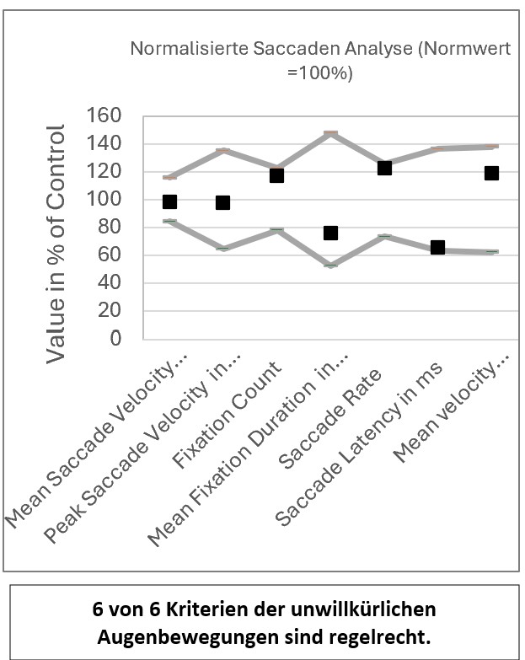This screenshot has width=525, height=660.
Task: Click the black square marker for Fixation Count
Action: tap(276, 175)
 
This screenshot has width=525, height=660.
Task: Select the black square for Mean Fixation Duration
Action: tap(330, 233)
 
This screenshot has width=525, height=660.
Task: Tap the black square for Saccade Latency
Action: tap(437, 247)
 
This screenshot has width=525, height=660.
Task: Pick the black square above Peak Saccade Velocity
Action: tap(222, 202)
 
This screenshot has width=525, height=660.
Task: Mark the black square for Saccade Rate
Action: tap(384, 168)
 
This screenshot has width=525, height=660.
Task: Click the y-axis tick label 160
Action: tap(105, 116)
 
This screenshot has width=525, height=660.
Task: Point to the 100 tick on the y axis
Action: tap(105, 200)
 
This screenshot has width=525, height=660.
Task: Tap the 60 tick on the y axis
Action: tap(110, 255)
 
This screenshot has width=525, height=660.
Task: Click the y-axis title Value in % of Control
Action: tap(56, 244)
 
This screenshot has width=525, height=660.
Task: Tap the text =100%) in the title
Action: tap(319, 72)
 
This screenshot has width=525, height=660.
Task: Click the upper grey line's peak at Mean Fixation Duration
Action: tap(330, 133)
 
